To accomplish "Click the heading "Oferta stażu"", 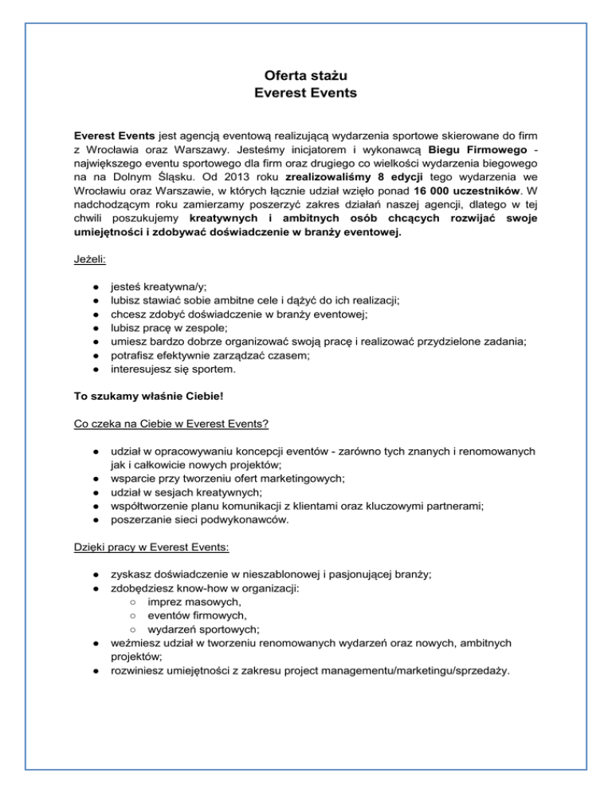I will pyautogui.click(x=305, y=76).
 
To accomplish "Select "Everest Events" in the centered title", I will pyautogui.click(x=305, y=93).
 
